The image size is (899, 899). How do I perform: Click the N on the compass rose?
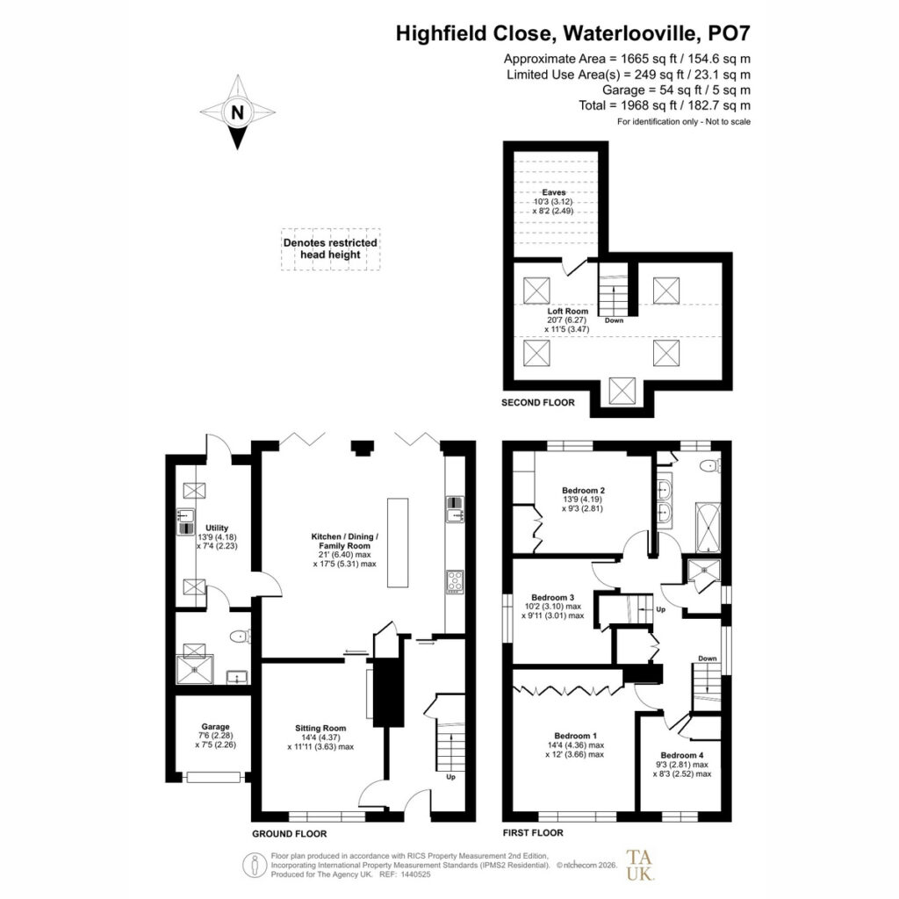point(237,112)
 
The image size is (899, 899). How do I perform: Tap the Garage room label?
point(216,726)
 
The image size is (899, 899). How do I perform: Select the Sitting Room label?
point(320,728)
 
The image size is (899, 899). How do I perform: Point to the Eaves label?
point(554,192)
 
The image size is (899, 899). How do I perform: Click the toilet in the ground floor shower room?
point(241,636)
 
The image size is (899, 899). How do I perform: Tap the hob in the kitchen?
point(456,581)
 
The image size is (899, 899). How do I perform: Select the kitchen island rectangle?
point(398,543)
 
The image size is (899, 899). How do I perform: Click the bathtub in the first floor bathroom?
point(708,528)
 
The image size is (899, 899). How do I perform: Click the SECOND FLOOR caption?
point(538,402)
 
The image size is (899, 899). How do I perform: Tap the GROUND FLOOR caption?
point(290,834)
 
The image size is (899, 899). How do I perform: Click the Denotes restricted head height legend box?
point(331,249)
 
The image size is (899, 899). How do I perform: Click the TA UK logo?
point(640,865)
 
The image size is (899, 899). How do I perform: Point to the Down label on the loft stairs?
point(614,320)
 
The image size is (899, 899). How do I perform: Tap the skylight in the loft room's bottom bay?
point(622,391)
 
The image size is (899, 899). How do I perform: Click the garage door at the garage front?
point(213,778)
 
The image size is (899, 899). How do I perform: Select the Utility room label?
point(217,528)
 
